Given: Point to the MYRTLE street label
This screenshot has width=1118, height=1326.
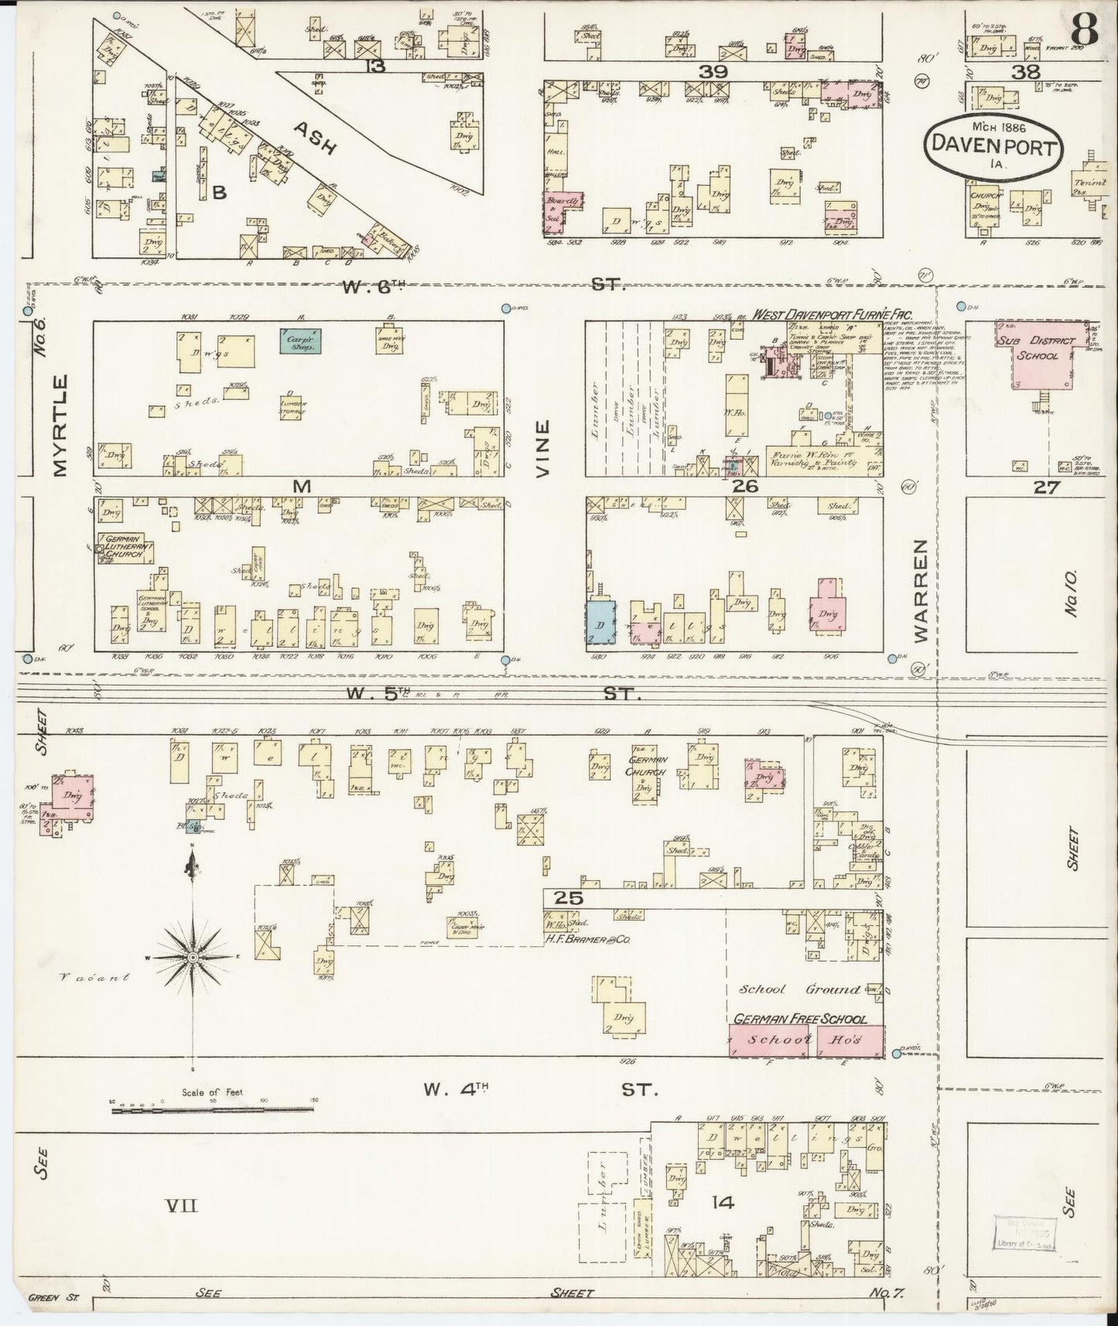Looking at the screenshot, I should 63,425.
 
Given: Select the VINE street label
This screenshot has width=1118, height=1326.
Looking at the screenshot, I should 543,448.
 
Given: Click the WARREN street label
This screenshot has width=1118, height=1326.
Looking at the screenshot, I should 920,591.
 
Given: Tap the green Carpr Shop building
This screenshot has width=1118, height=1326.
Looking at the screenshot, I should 301,341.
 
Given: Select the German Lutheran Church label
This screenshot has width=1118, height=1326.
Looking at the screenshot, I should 124,547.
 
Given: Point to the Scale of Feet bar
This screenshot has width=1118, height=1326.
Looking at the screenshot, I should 212,1110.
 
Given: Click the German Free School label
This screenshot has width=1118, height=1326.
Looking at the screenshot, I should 800,1020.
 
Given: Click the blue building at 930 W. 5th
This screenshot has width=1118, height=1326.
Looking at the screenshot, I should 600,620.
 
